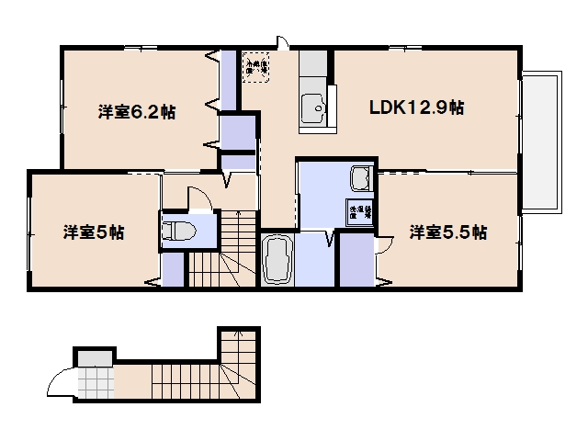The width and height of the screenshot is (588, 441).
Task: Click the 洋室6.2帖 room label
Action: pyautogui.click(x=137, y=113)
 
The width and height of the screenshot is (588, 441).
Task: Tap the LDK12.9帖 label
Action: pyautogui.click(x=416, y=107)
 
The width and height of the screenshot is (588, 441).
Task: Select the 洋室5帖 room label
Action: pyautogui.click(x=94, y=232)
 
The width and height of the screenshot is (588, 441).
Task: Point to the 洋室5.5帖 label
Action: pyautogui.click(x=447, y=232)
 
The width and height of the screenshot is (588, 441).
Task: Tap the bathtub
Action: pyautogui.click(x=277, y=258)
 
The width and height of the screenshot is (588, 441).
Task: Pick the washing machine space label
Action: pyautogui.click(x=358, y=212)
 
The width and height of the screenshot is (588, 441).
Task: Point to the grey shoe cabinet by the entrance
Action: pyautogui.click(x=95, y=356)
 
